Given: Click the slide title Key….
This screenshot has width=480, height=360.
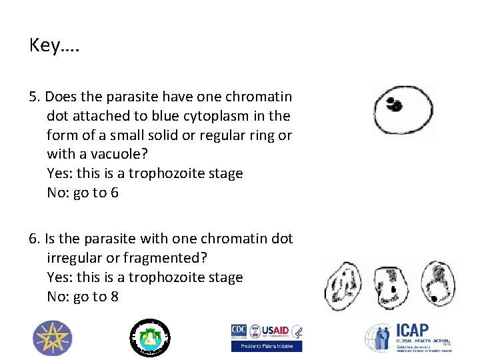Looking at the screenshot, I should (54, 45).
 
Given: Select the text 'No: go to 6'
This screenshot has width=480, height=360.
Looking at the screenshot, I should (83, 193).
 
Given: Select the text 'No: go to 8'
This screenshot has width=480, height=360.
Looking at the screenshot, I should (83, 297).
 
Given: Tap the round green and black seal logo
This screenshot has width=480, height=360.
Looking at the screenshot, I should (149, 337).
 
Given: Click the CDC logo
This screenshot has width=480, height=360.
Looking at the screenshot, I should (239, 331).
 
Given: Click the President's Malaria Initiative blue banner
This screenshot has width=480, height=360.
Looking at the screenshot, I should (267, 346).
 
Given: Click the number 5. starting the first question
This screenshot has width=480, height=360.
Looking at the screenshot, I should (35, 97).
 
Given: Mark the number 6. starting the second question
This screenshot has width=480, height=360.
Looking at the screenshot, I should (35, 239).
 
